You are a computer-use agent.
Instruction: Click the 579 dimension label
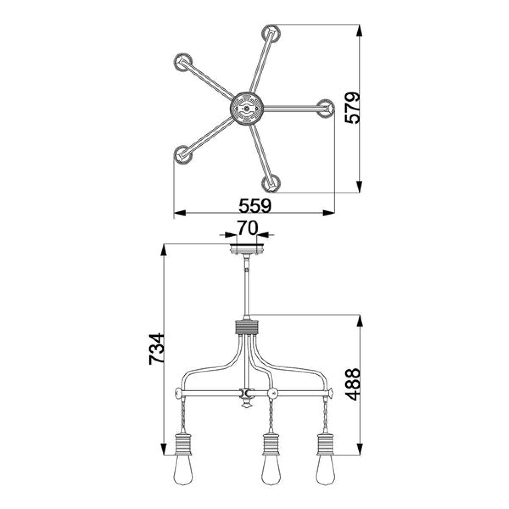point(352,108)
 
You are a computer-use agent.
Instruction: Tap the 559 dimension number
point(255,206)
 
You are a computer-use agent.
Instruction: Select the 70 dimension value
point(247,228)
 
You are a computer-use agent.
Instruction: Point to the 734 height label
point(157,349)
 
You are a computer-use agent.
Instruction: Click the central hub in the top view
point(246,108)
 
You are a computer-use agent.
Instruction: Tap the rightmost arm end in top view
point(325,108)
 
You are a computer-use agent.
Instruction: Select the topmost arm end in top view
point(271,34)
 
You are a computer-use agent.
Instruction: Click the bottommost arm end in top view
point(271,183)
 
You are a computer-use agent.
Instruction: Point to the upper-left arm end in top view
point(183,62)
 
